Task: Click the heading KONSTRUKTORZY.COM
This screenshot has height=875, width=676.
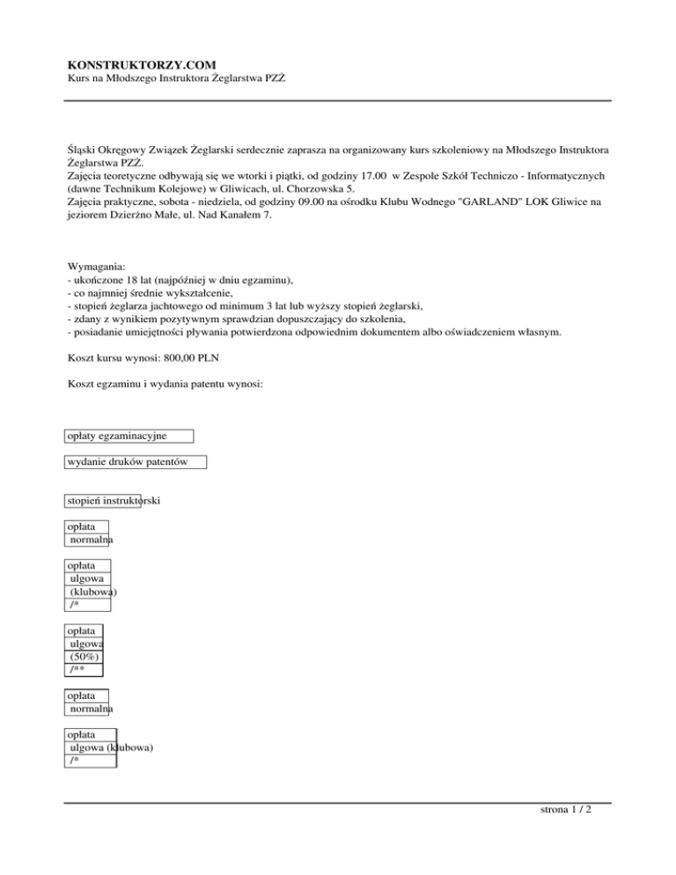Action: [x=143, y=64]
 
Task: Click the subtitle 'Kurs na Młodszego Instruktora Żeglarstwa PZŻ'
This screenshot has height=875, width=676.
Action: [x=176, y=79]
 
